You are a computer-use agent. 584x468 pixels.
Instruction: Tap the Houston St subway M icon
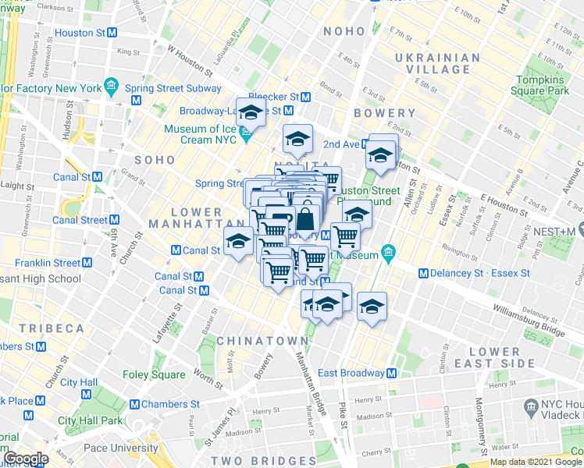pos(112,33)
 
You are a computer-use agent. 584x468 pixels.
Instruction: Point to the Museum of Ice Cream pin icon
pos(247,140)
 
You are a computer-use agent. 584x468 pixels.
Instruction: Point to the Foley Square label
pos(154,374)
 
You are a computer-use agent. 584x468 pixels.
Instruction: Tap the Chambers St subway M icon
pos(134,404)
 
